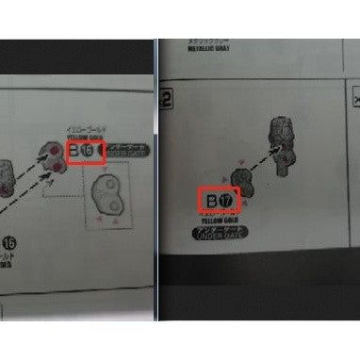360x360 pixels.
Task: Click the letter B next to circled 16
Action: click(x=74, y=150)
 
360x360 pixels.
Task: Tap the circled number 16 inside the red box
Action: click(x=90, y=151)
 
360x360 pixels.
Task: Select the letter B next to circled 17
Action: click(x=214, y=201)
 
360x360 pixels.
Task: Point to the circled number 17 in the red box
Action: click(x=228, y=201)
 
